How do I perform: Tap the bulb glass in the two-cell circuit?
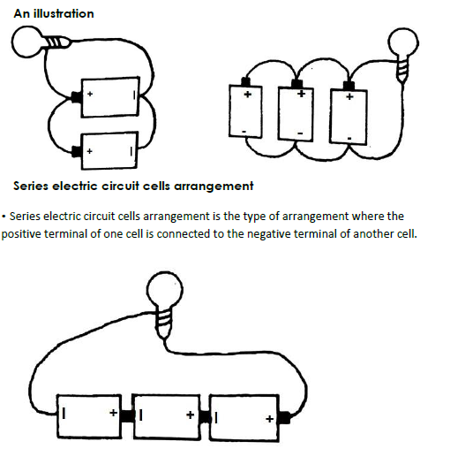click(27, 42)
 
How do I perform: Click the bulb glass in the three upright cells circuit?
click(403, 42)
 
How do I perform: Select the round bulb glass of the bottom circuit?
click(165, 289)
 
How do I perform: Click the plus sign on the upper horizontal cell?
click(90, 94)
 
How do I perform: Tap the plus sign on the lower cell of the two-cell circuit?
click(89, 151)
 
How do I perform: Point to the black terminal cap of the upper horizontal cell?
click(77, 97)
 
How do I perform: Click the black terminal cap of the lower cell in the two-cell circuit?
click(77, 152)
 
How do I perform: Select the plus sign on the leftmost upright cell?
click(248, 95)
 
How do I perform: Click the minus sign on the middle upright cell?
click(300, 133)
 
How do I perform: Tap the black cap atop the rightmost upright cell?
click(349, 86)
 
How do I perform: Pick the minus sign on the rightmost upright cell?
click(349, 138)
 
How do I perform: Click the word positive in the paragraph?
click(21, 234)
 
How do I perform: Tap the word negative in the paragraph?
click(268, 234)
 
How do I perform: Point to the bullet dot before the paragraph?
click(4, 217)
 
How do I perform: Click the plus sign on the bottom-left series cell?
click(113, 413)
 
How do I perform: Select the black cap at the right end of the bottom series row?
click(285, 418)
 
